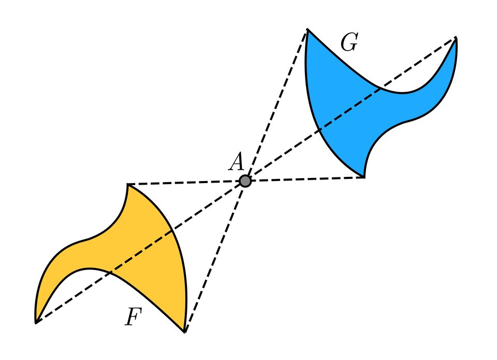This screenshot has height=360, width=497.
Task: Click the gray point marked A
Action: click(245, 181)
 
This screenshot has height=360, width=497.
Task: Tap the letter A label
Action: click(236, 162)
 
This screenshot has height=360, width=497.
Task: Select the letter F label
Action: click(133, 317)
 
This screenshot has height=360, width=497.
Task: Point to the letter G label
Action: click(349, 44)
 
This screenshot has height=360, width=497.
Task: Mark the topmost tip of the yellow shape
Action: click(127, 185)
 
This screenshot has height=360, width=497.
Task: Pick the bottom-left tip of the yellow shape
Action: click(36, 323)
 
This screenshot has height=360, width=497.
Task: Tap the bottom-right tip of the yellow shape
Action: click(185, 332)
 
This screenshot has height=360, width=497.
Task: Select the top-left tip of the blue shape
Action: click(307, 29)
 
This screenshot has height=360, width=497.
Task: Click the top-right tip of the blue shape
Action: click(456, 38)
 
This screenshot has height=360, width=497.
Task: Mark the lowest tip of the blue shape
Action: click(364, 177)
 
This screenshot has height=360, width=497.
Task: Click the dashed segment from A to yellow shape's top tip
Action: click(186, 183)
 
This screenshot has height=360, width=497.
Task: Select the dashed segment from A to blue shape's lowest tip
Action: click(305, 179)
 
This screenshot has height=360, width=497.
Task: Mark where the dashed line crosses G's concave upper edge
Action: click(382, 88)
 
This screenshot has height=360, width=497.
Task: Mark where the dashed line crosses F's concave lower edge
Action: click(110, 272)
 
